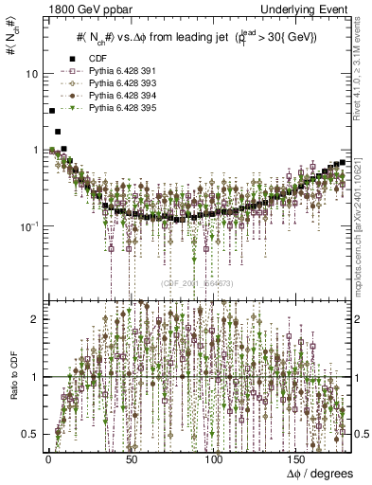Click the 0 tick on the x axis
click(46, 458)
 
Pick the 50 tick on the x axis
click(132, 458)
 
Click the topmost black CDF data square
click(51, 111)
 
